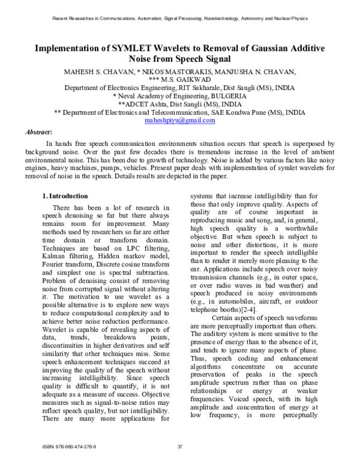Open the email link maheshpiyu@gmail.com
point(180,120)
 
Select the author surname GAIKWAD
point(197,79)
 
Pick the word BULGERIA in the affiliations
point(224,95)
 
